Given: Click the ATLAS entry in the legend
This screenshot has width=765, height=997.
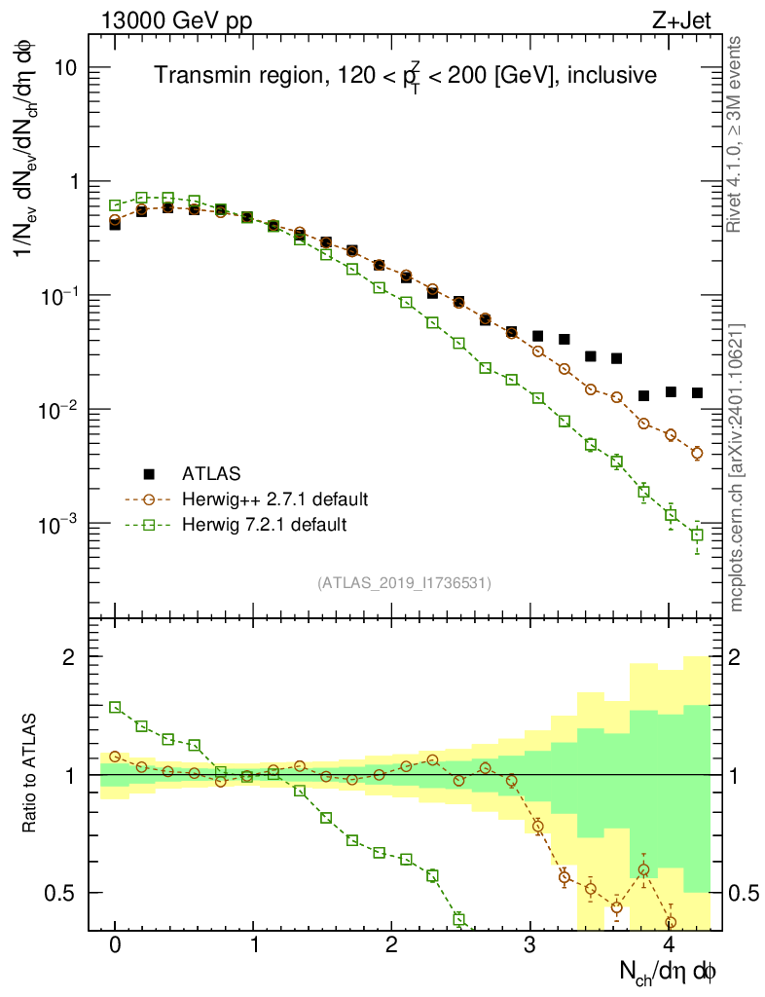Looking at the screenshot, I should click(x=203, y=474).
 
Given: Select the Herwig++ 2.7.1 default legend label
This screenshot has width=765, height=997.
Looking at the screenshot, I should click(x=274, y=499).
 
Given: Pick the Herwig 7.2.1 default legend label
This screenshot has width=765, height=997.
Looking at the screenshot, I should click(x=265, y=525).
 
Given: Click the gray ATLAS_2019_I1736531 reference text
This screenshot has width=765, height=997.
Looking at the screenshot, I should click(x=404, y=583).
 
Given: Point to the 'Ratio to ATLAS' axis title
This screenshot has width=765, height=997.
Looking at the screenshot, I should click(x=31, y=775).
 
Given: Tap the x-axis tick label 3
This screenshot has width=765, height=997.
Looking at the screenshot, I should click(x=530, y=945).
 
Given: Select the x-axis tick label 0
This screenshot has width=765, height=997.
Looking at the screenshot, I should click(x=116, y=945).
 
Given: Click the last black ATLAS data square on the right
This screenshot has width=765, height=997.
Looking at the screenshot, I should click(x=697, y=392).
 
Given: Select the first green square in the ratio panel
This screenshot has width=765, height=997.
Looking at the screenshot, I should click(x=115, y=707).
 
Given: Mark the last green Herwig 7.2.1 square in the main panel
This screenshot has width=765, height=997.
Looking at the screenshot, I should click(x=697, y=535).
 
